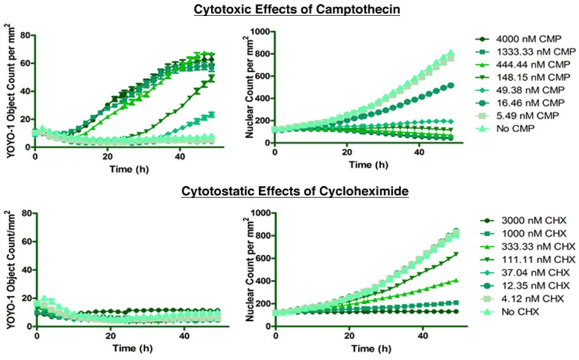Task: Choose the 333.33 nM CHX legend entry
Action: (528, 246)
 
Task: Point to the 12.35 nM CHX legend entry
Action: (525, 285)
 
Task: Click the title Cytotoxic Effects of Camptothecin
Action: (297, 9)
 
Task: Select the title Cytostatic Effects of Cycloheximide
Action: (295, 191)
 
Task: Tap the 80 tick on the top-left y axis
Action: (26, 36)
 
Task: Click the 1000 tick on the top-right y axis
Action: (260, 32)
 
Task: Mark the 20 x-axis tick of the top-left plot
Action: (107, 156)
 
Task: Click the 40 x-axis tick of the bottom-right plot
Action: (423, 336)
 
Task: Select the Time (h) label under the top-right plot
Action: (368, 165)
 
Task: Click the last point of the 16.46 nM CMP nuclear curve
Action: (451, 86)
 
